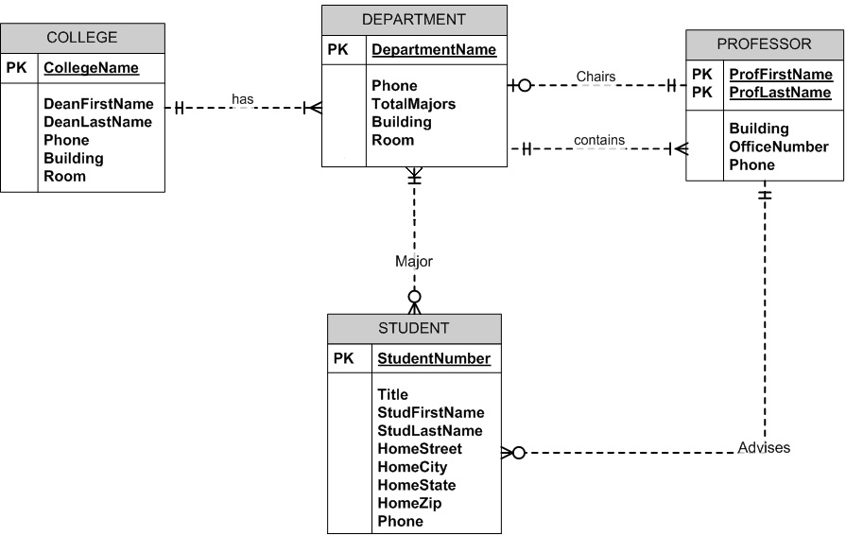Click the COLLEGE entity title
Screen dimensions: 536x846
[x=82, y=38]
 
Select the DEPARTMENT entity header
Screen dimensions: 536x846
[x=414, y=19]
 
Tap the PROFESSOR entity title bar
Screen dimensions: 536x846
[x=764, y=43]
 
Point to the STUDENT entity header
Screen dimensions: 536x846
[x=413, y=328]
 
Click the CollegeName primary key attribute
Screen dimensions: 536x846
[x=91, y=68]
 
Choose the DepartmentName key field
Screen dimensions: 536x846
[x=433, y=49]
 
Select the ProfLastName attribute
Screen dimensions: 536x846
[x=780, y=93]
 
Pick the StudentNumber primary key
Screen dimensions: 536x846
[x=434, y=358]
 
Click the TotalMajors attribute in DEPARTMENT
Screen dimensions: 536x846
[x=413, y=104]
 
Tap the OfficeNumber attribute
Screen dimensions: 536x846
[x=778, y=147]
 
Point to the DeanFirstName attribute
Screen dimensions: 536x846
[x=98, y=104]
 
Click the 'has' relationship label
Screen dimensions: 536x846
[x=242, y=99]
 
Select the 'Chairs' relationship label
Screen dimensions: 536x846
[x=596, y=77]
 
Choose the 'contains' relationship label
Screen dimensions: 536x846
[x=598, y=140]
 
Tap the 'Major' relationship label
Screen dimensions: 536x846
[x=413, y=261]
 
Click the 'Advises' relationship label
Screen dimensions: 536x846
[x=764, y=447]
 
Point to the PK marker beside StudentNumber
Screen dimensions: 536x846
[x=343, y=358]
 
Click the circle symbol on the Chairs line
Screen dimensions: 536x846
[x=525, y=86]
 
